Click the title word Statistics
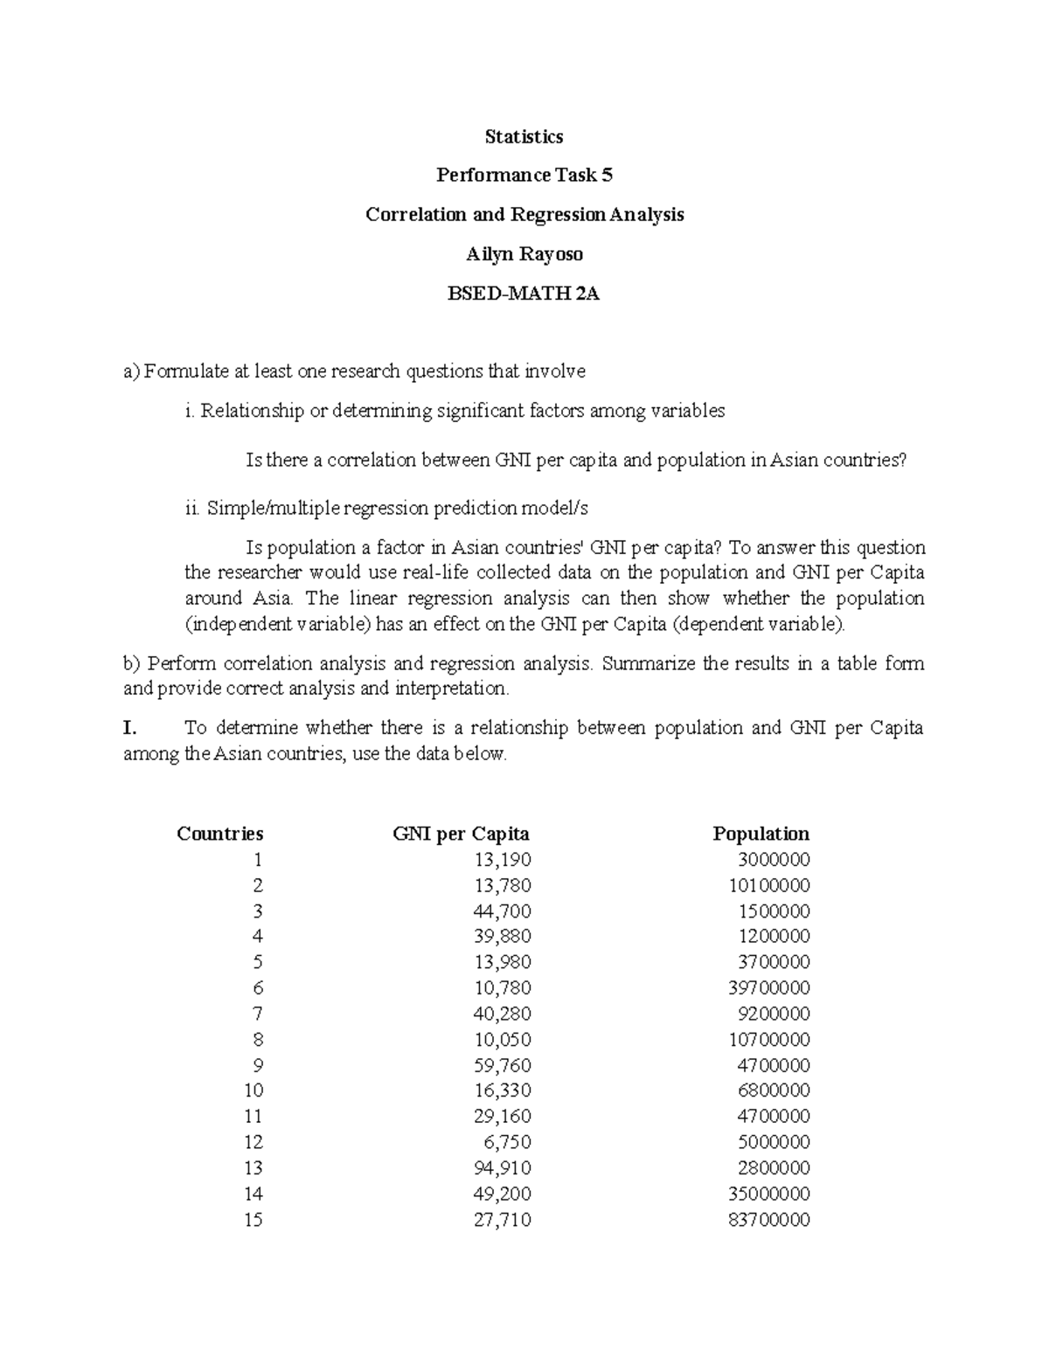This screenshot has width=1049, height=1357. pos(524,136)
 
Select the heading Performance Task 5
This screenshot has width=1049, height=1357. pos(524,176)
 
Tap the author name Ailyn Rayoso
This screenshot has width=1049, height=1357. pos(524,254)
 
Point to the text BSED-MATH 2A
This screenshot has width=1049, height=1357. pos(524,294)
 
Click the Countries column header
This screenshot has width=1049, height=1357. pos(219,834)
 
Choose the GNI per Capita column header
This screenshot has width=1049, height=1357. pos(461,834)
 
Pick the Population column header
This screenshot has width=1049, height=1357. pos(761,834)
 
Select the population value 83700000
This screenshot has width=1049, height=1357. pos(768,1220)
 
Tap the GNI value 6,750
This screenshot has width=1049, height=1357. pos(506,1142)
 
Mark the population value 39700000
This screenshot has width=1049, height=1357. pos(768,988)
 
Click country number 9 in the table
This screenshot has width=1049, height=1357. pos(257,1065)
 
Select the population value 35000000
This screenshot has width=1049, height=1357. pos(768,1194)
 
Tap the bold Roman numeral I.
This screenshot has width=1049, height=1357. pos(130,728)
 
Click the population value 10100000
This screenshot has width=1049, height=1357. pos(768,885)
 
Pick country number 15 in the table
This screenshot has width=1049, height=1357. pos(253,1220)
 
